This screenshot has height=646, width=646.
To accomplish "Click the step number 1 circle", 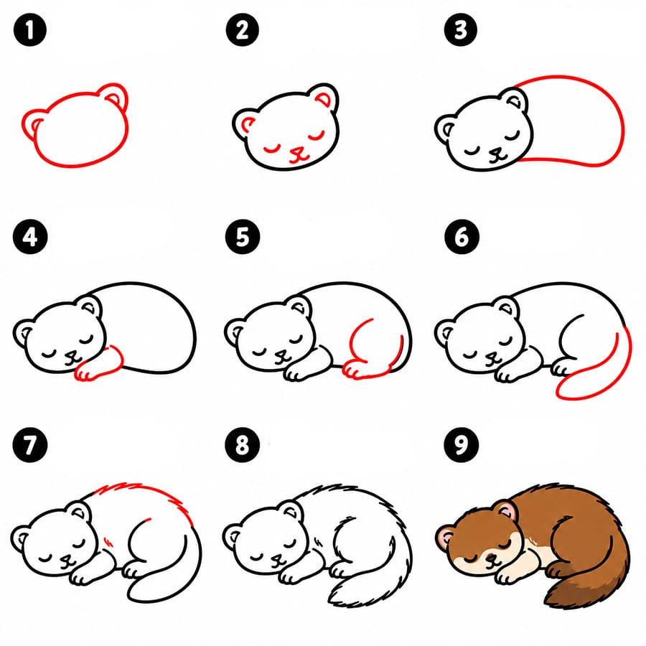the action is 29,29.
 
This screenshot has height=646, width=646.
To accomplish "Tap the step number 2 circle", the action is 243,29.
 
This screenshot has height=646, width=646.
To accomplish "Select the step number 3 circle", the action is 461,29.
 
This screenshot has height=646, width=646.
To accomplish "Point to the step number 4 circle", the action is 30,237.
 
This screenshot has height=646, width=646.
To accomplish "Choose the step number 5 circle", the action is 243,237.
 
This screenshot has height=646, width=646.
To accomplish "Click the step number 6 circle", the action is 462,237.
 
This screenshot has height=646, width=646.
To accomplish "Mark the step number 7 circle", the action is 29,444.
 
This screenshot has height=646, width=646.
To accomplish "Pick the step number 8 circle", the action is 243,444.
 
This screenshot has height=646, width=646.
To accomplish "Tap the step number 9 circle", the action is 462,444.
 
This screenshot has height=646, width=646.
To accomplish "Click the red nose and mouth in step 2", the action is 299,155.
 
